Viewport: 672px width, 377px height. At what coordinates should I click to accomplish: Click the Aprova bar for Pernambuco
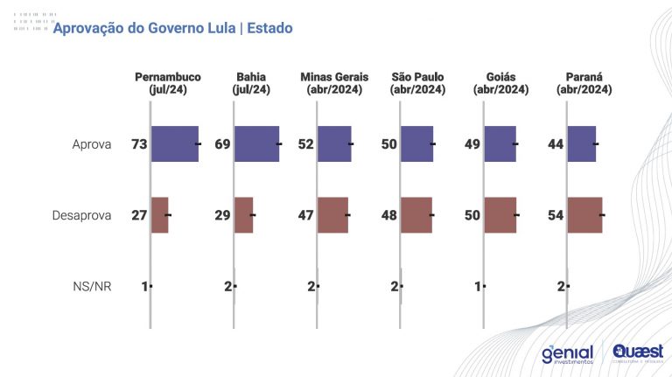174,143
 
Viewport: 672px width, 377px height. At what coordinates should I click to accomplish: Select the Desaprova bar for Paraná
584,215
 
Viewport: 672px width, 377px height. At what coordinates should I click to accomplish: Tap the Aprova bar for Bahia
256,143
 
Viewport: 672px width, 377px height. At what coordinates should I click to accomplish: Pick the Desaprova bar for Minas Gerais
332,215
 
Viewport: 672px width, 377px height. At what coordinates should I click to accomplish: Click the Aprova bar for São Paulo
417,143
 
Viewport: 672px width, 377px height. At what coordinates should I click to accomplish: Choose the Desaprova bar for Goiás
500,215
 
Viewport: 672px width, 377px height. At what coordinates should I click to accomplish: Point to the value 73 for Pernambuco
139,143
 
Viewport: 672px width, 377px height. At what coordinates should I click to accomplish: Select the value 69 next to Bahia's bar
222,143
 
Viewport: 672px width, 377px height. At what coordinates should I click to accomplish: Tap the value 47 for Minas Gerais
305,215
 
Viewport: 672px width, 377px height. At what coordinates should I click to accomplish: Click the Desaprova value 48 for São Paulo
388,215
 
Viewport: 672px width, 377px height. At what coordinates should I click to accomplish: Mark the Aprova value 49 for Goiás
472,143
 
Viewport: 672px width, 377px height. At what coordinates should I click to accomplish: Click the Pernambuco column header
168,83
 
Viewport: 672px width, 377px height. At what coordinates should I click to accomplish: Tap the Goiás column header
501,83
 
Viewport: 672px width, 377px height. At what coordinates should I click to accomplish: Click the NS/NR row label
92,286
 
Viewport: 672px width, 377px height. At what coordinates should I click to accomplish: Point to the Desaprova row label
81,215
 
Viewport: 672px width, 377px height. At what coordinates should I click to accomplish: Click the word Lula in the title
217,29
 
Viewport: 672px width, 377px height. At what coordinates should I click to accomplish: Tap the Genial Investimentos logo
567,353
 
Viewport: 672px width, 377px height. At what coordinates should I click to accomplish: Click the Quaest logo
638,351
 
